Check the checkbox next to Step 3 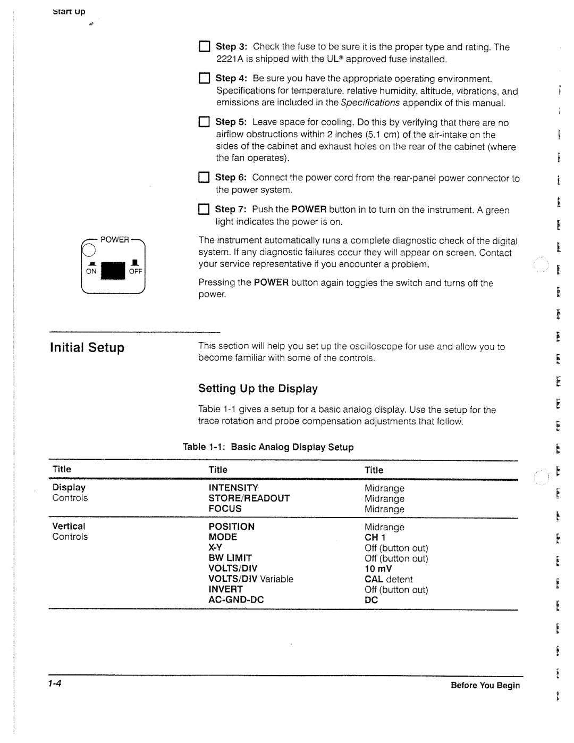[205, 47]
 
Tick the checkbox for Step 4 [205, 79]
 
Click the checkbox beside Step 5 [205, 122]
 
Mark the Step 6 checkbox [204, 178]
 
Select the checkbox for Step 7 [204, 210]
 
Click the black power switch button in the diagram [112, 271]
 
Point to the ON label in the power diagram [91, 271]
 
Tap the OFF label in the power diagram [136, 271]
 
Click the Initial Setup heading [87, 348]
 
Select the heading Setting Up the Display [258, 389]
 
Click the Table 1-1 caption [268, 447]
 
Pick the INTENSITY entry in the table [233, 488]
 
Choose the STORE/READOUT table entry [249, 498]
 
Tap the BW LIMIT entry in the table [230, 558]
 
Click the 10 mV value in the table [378, 569]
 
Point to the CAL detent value [389, 579]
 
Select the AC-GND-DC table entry [236, 600]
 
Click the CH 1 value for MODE [375, 538]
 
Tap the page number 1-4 [55, 684]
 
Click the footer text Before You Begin [485, 686]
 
